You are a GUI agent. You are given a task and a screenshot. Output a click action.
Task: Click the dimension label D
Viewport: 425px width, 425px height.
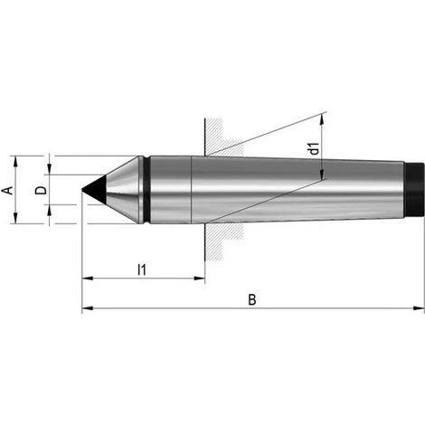pos(42,190)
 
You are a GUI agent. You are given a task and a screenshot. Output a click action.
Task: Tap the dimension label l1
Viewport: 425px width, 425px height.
pos(142,269)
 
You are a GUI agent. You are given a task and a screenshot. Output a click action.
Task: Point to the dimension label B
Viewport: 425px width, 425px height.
pos(252,300)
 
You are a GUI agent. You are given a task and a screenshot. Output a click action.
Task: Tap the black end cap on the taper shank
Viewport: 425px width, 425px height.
pos(415,190)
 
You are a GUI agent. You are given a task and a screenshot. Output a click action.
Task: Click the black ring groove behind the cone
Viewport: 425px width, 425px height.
pos(146,190)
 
